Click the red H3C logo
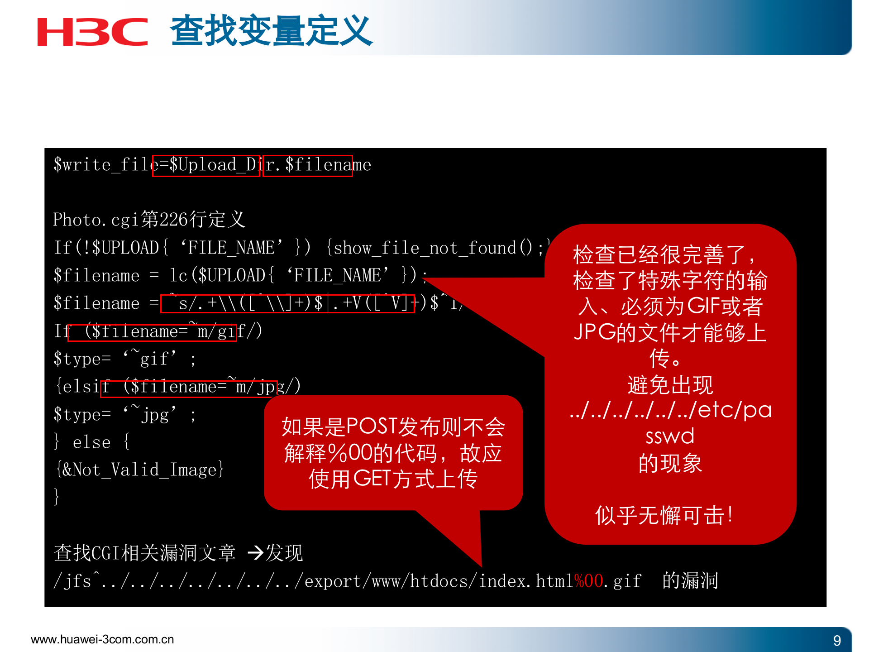click(92, 32)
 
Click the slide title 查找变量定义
click(271, 31)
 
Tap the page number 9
click(837, 640)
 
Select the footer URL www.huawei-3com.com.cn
click(102, 639)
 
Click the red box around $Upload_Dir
click(206, 165)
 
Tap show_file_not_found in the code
click(425, 248)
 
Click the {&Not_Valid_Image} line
click(139, 470)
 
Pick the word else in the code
click(91, 442)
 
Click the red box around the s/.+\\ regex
click(287, 303)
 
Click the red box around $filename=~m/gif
click(152, 332)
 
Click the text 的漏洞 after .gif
click(690, 580)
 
